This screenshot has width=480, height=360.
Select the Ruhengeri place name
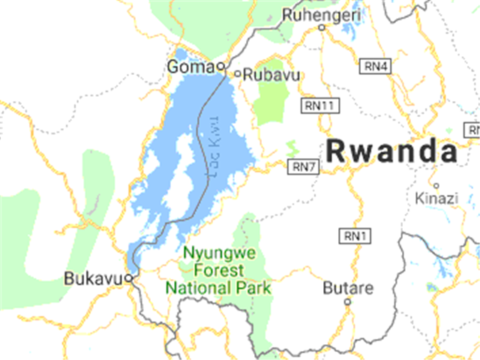pyautogui.click(x=322, y=14)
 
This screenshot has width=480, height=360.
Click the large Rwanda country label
pyautogui.click(x=392, y=151)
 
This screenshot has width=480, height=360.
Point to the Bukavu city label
pyautogui.click(x=92, y=277)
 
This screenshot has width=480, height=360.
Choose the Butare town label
pyautogui.click(x=347, y=287)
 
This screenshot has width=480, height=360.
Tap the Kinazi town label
pyautogui.click(x=436, y=198)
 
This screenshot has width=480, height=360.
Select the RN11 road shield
pyautogui.click(x=318, y=105)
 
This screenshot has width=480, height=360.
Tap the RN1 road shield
pyautogui.click(x=353, y=237)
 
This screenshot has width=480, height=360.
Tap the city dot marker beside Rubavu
pyautogui.click(x=238, y=73)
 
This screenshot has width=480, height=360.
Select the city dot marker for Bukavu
pyautogui.click(x=129, y=277)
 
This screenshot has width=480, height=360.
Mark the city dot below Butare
pyautogui.click(x=347, y=302)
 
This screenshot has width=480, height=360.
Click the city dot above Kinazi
pyautogui.click(x=436, y=184)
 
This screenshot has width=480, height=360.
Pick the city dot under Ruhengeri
pyautogui.click(x=322, y=28)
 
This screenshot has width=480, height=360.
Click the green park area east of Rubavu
pyautogui.click(x=271, y=102)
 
